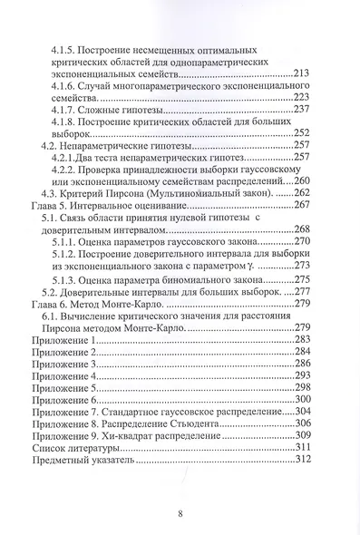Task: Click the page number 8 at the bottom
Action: pyautogui.click(x=180, y=513)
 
